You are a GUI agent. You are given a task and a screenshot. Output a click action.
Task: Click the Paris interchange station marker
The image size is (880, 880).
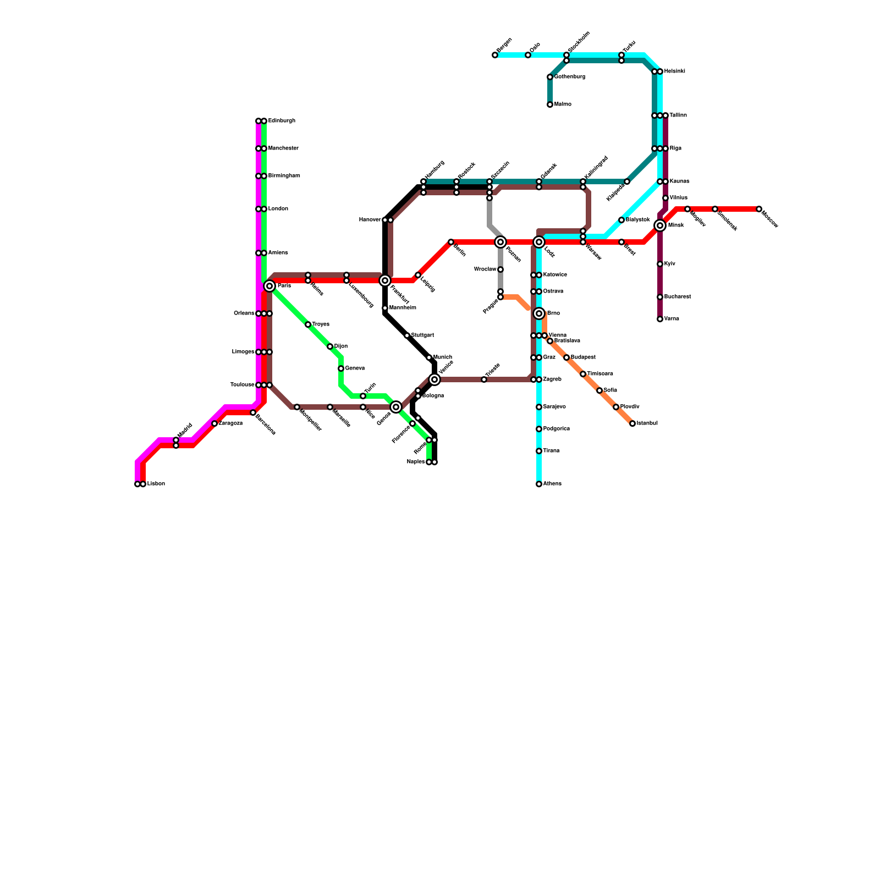point(269,286)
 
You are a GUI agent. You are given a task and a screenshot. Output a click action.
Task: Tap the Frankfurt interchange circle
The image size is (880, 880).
point(385,280)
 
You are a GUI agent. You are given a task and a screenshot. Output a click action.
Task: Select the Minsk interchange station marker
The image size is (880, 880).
point(660,226)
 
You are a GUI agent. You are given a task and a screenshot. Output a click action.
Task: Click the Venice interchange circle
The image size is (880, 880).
point(435,380)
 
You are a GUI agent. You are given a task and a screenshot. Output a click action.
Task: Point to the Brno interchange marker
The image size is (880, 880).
point(539,313)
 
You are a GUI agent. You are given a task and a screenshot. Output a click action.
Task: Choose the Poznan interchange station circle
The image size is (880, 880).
point(501,242)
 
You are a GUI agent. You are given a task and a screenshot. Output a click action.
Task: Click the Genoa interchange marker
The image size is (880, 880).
point(396,407)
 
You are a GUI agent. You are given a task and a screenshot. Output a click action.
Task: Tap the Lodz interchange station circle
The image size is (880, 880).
point(539,242)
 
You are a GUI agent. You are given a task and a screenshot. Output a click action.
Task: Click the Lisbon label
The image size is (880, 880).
point(156,484)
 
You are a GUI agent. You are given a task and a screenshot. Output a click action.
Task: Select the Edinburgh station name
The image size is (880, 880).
point(282,121)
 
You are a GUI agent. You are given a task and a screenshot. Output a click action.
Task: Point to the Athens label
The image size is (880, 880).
point(552,484)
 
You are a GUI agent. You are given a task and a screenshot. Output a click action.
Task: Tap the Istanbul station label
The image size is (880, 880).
point(647,424)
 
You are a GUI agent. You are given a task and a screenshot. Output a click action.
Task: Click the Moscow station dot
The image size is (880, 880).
point(759,209)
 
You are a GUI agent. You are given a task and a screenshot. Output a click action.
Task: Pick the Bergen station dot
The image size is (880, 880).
point(495,55)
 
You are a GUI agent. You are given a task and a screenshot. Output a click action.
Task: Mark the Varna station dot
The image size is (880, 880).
point(660,319)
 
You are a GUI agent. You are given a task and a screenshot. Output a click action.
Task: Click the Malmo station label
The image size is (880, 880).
point(563,105)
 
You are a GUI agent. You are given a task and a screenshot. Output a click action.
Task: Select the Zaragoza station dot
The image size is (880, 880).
point(215,424)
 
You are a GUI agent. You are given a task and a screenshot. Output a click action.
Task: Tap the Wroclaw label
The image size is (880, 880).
point(485,269)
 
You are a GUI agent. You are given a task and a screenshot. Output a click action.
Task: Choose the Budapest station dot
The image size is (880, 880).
point(566,358)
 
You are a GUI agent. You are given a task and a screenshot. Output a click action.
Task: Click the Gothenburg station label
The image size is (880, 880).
point(570,77)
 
